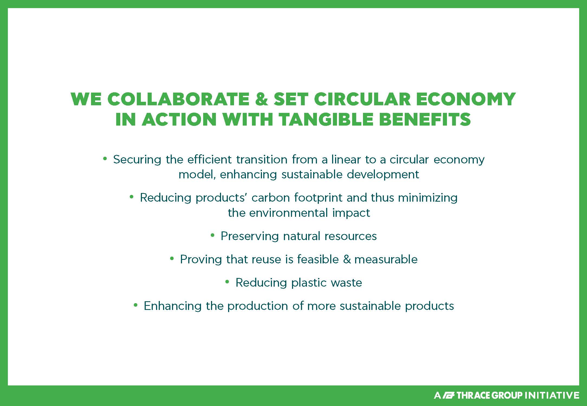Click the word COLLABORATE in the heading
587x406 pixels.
(x=178, y=99)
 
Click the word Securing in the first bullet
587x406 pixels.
(x=137, y=160)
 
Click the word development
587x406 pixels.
(x=383, y=175)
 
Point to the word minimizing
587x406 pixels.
(x=428, y=198)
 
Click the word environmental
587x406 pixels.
(x=288, y=213)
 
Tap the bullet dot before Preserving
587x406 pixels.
(x=212, y=235)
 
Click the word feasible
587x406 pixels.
(x=318, y=259)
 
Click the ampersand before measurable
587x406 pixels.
(x=347, y=260)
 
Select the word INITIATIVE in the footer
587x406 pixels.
(x=552, y=395)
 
